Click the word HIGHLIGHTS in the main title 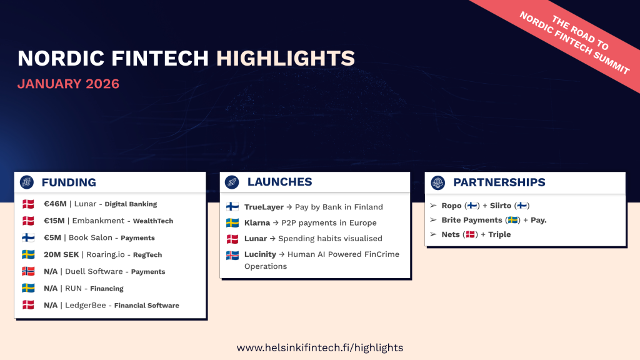click(285, 58)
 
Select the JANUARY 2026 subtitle click(68, 84)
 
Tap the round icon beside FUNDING click(27, 182)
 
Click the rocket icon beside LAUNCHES click(232, 182)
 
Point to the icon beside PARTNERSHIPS click(438, 182)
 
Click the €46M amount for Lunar click(55, 204)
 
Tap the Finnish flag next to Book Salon click(28, 237)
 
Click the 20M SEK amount click(61, 255)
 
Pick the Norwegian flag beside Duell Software click(28, 271)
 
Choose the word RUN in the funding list click(74, 289)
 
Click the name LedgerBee click(85, 305)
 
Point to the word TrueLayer click(264, 207)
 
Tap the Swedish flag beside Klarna click(232, 223)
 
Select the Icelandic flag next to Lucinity click(232, 255)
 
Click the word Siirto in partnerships click(501, 206)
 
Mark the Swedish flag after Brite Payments click(513, 220)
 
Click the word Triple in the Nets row click(499, 235)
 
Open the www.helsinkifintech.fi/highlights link click(320, 347)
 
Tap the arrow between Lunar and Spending click(272, 239)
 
